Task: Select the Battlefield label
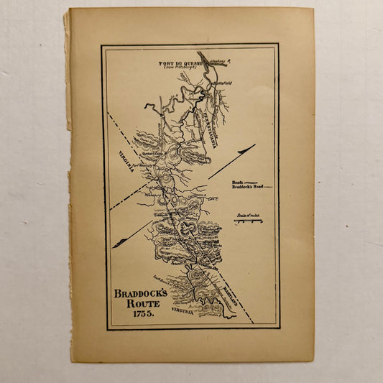(x=223, y=83)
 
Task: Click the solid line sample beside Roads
(x=255, y=183)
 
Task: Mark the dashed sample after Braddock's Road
(x=268, y=188)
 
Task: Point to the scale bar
(x=248, y=221)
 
